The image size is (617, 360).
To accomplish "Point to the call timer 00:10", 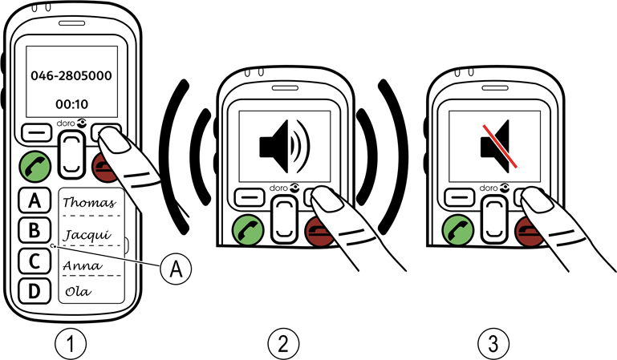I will pos(70,103).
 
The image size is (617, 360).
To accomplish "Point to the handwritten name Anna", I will pos(81,264).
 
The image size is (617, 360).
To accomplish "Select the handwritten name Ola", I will pos(77,291).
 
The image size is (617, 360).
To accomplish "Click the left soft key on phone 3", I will pos(460,195).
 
